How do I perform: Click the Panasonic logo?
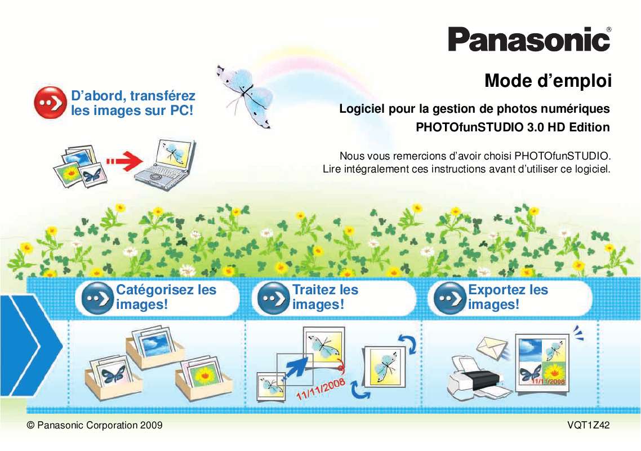[529, 40]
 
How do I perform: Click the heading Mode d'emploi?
[547, 81]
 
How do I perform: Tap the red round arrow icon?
[50, 103]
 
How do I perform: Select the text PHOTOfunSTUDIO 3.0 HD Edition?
[512, 127]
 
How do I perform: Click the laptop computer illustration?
[164, 161]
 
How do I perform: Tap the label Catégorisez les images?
[166, 297]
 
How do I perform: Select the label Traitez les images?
[325, 297]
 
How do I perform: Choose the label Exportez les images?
[508, 297]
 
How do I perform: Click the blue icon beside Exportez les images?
[446, 298]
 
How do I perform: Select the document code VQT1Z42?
[589, 425]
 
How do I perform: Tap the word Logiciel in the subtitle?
[359, 108]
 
